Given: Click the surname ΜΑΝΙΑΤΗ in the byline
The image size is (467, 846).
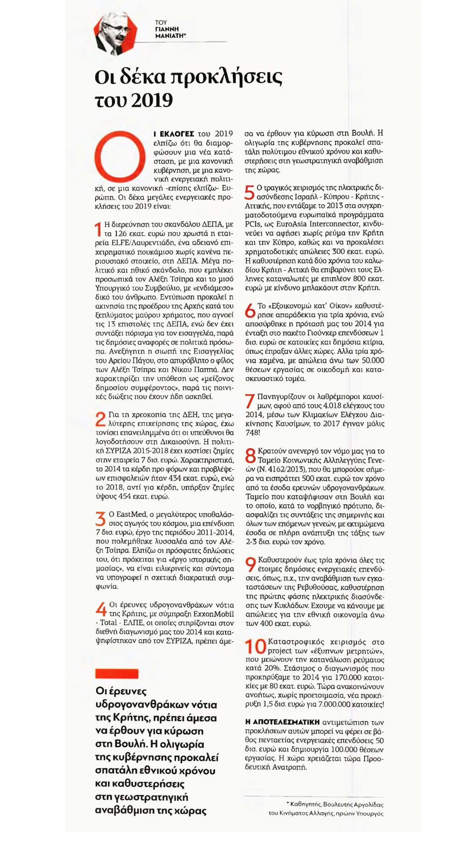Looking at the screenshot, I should pos(169,36).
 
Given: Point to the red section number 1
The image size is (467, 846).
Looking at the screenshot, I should pos(98,229).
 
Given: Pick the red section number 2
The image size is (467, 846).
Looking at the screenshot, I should pos(100,419).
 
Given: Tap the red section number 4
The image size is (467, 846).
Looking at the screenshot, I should pos(101,609).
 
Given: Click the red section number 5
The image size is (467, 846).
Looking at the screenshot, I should pos(250,192).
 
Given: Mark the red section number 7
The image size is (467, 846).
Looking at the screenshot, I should pos(250,401).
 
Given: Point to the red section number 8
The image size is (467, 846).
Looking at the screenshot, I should pos(251,455).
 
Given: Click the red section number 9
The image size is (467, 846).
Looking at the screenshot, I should pos(251,564).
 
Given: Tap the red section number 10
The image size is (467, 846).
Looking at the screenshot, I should pos(255,646).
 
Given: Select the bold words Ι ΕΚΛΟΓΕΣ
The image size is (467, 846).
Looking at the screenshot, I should pos(174,134).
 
